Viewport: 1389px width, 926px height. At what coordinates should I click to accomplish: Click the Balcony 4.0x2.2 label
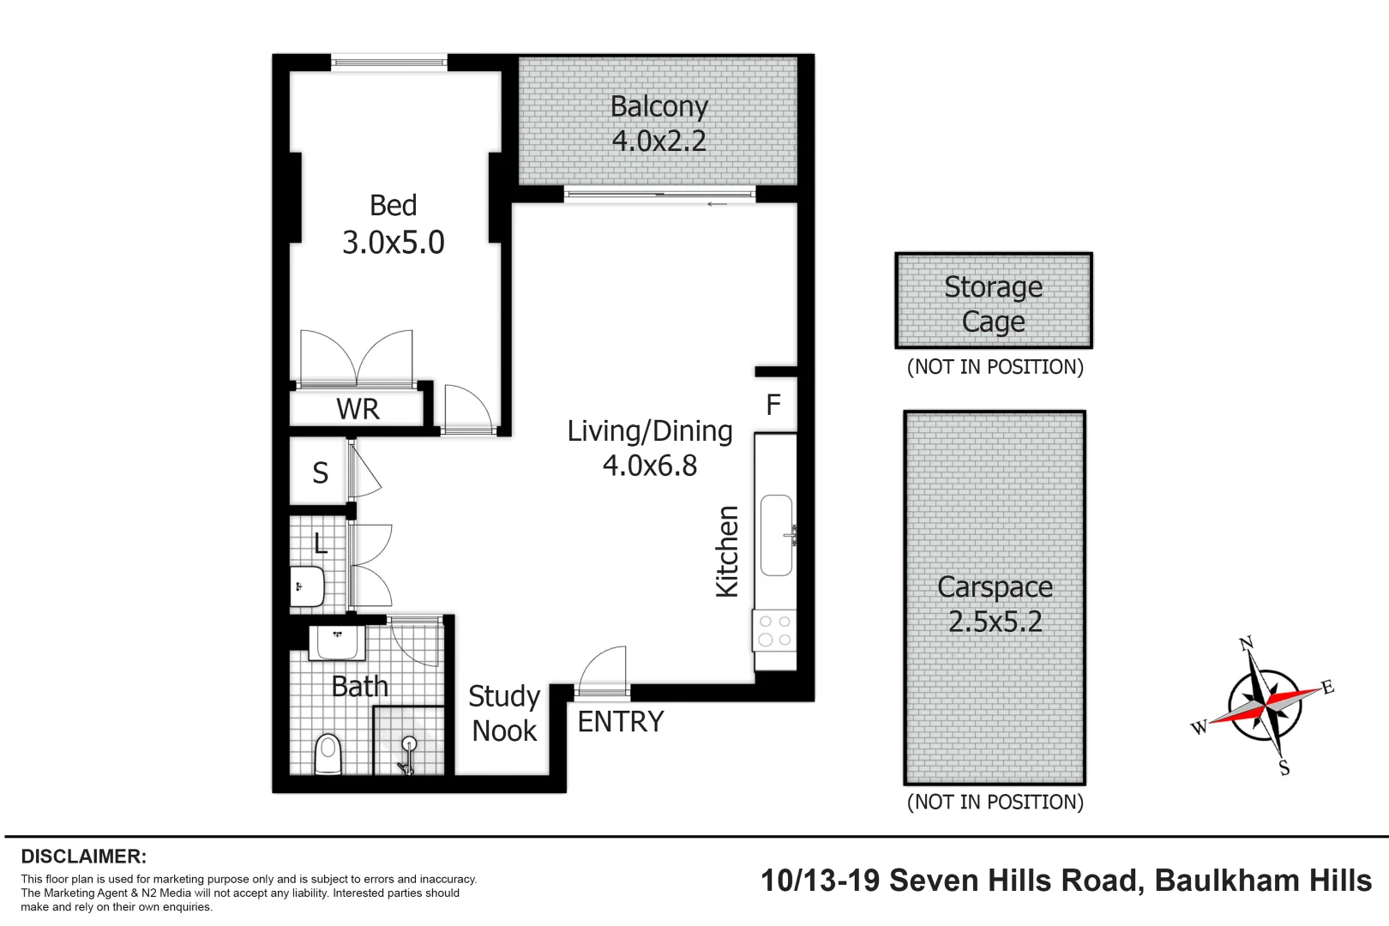coord(658,123)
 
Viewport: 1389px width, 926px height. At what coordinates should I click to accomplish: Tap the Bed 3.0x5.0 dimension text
coord(394,243)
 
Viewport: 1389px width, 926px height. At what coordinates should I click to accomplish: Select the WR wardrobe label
coord(358,409)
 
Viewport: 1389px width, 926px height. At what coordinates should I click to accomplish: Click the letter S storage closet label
coord(320,472)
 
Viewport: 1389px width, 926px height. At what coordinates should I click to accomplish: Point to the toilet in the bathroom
coord(328,755)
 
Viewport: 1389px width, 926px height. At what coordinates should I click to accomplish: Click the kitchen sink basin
coord(777,535)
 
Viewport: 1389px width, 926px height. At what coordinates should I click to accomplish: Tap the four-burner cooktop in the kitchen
coord(775,631)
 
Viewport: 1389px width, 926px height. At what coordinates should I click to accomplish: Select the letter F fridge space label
coord(773,405)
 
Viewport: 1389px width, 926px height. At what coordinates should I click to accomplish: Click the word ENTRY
coord(621,722)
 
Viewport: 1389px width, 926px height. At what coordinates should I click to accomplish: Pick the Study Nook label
coord(504,713)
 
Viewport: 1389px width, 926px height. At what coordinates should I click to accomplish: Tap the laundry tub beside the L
coord(307,587)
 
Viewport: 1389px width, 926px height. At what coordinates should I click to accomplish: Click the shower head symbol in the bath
coord(409,744)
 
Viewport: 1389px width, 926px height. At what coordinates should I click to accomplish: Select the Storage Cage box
coord(994,301)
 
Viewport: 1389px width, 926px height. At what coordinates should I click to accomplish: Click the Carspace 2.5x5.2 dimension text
coord(995,622)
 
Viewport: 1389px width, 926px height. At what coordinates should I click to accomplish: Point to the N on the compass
coord(1247,643)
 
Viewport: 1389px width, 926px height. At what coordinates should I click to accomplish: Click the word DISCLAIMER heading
coord(84,857)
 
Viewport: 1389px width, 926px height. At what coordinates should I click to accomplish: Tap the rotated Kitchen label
coord(727,551)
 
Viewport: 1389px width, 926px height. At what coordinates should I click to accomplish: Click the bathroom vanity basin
coord(338,642)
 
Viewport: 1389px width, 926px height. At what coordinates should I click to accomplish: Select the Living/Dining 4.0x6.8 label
coord(650,448)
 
